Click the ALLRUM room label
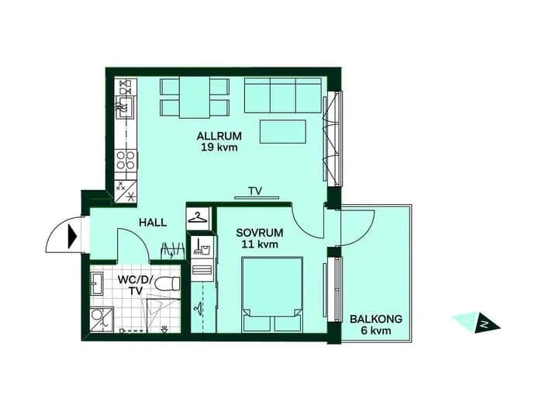(x=219, y=136)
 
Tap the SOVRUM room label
(x=260, y=233)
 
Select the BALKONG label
(x=376, y=319)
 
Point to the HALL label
(x=153, y=223)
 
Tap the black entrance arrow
(x=72, y=236)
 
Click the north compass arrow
(x=485, y=323)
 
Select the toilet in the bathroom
(x=167, y=283)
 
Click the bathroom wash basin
(x=96, y=283)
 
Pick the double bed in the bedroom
(x=272, y=294)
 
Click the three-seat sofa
(x=283, y=95)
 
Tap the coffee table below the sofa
(x=283, y=131)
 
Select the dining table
(x=194, y=98)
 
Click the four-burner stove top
(x=126, y=160)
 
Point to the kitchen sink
(x=125, y=107)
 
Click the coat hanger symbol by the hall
(x=198, y=217)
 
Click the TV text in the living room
(x=255, y=191)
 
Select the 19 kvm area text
(x=219, y=147)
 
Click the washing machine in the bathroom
(x=102, y=320)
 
